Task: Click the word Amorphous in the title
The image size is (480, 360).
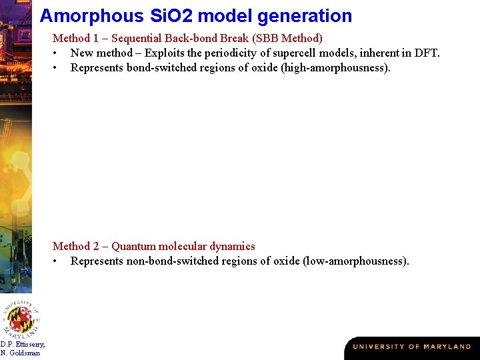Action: (82, 15)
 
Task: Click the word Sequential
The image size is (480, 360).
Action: (137, 39)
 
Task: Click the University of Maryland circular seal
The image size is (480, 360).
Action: (21, 317)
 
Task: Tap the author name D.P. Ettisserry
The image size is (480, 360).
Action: (23, 344)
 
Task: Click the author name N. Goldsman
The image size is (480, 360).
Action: (20, 353)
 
